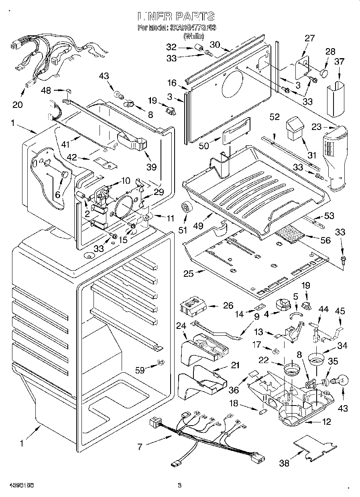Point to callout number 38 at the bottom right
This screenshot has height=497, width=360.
(x=284, y=463)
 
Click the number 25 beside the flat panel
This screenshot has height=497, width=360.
(x=189, y=274)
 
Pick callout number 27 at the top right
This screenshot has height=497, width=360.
(x=309, y=39)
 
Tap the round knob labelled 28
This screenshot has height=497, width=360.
(x=324, y=74)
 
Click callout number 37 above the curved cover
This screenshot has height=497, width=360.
(x=340, y=61)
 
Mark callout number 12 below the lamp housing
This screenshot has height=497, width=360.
(x=327, y=422)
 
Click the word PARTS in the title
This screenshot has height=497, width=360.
(x=194, y=16)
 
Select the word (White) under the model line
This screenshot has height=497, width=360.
(x=193, y=37)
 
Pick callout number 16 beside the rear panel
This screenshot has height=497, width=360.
(x=172, y=83)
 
